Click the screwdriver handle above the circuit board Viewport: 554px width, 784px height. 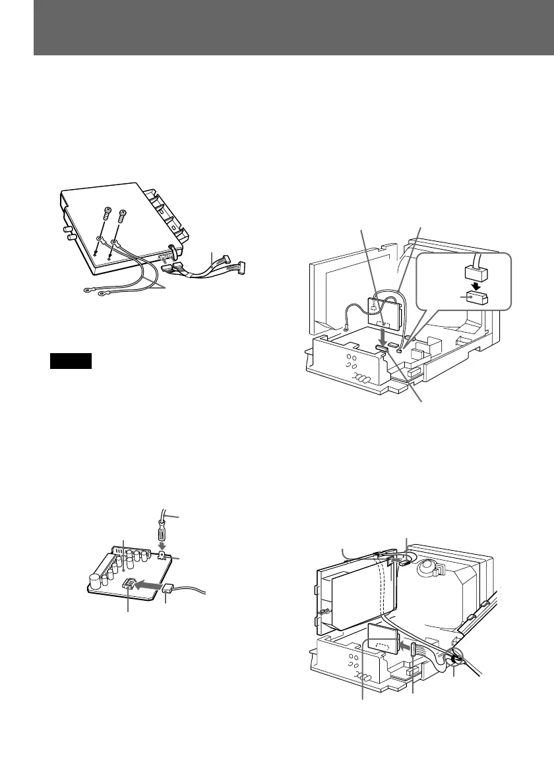[160, 531]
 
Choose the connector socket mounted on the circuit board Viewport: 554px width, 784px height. [129, 583]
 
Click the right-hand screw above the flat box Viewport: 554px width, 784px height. [122, 215]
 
